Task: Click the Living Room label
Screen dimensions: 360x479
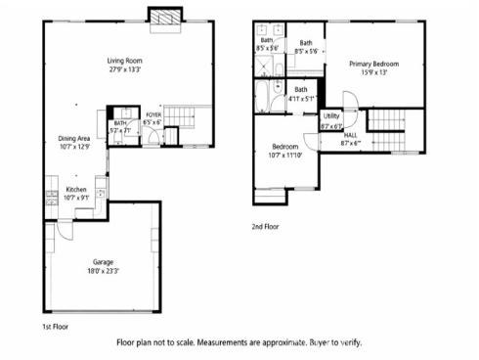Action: pyautogui.click(x=124, y=62)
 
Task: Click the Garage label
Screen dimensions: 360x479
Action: pyautogui.click(x=104, y=262)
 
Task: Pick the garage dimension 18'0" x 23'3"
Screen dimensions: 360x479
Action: pyautogui.click(x=104, y=271)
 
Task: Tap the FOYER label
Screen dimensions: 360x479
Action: pyautogui.click(x=152, y=115)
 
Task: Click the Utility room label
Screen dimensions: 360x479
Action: pyautogui.click(x=331, y=116)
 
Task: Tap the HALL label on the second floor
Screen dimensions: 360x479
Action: pyautogui.click(x=351, y=136)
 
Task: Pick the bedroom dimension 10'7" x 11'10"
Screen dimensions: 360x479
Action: pyautogui.click(x=285, y=154)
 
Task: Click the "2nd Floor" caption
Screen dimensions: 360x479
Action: pyautogui.click(x=265, y=226)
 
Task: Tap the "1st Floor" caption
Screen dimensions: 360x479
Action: pyautogui.click(x=54, y=326)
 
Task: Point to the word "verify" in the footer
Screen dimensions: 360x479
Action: pyautogui.click(x=349, y=342)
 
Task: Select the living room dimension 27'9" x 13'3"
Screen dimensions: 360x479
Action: pyautogui.click(x=124, y=70)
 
